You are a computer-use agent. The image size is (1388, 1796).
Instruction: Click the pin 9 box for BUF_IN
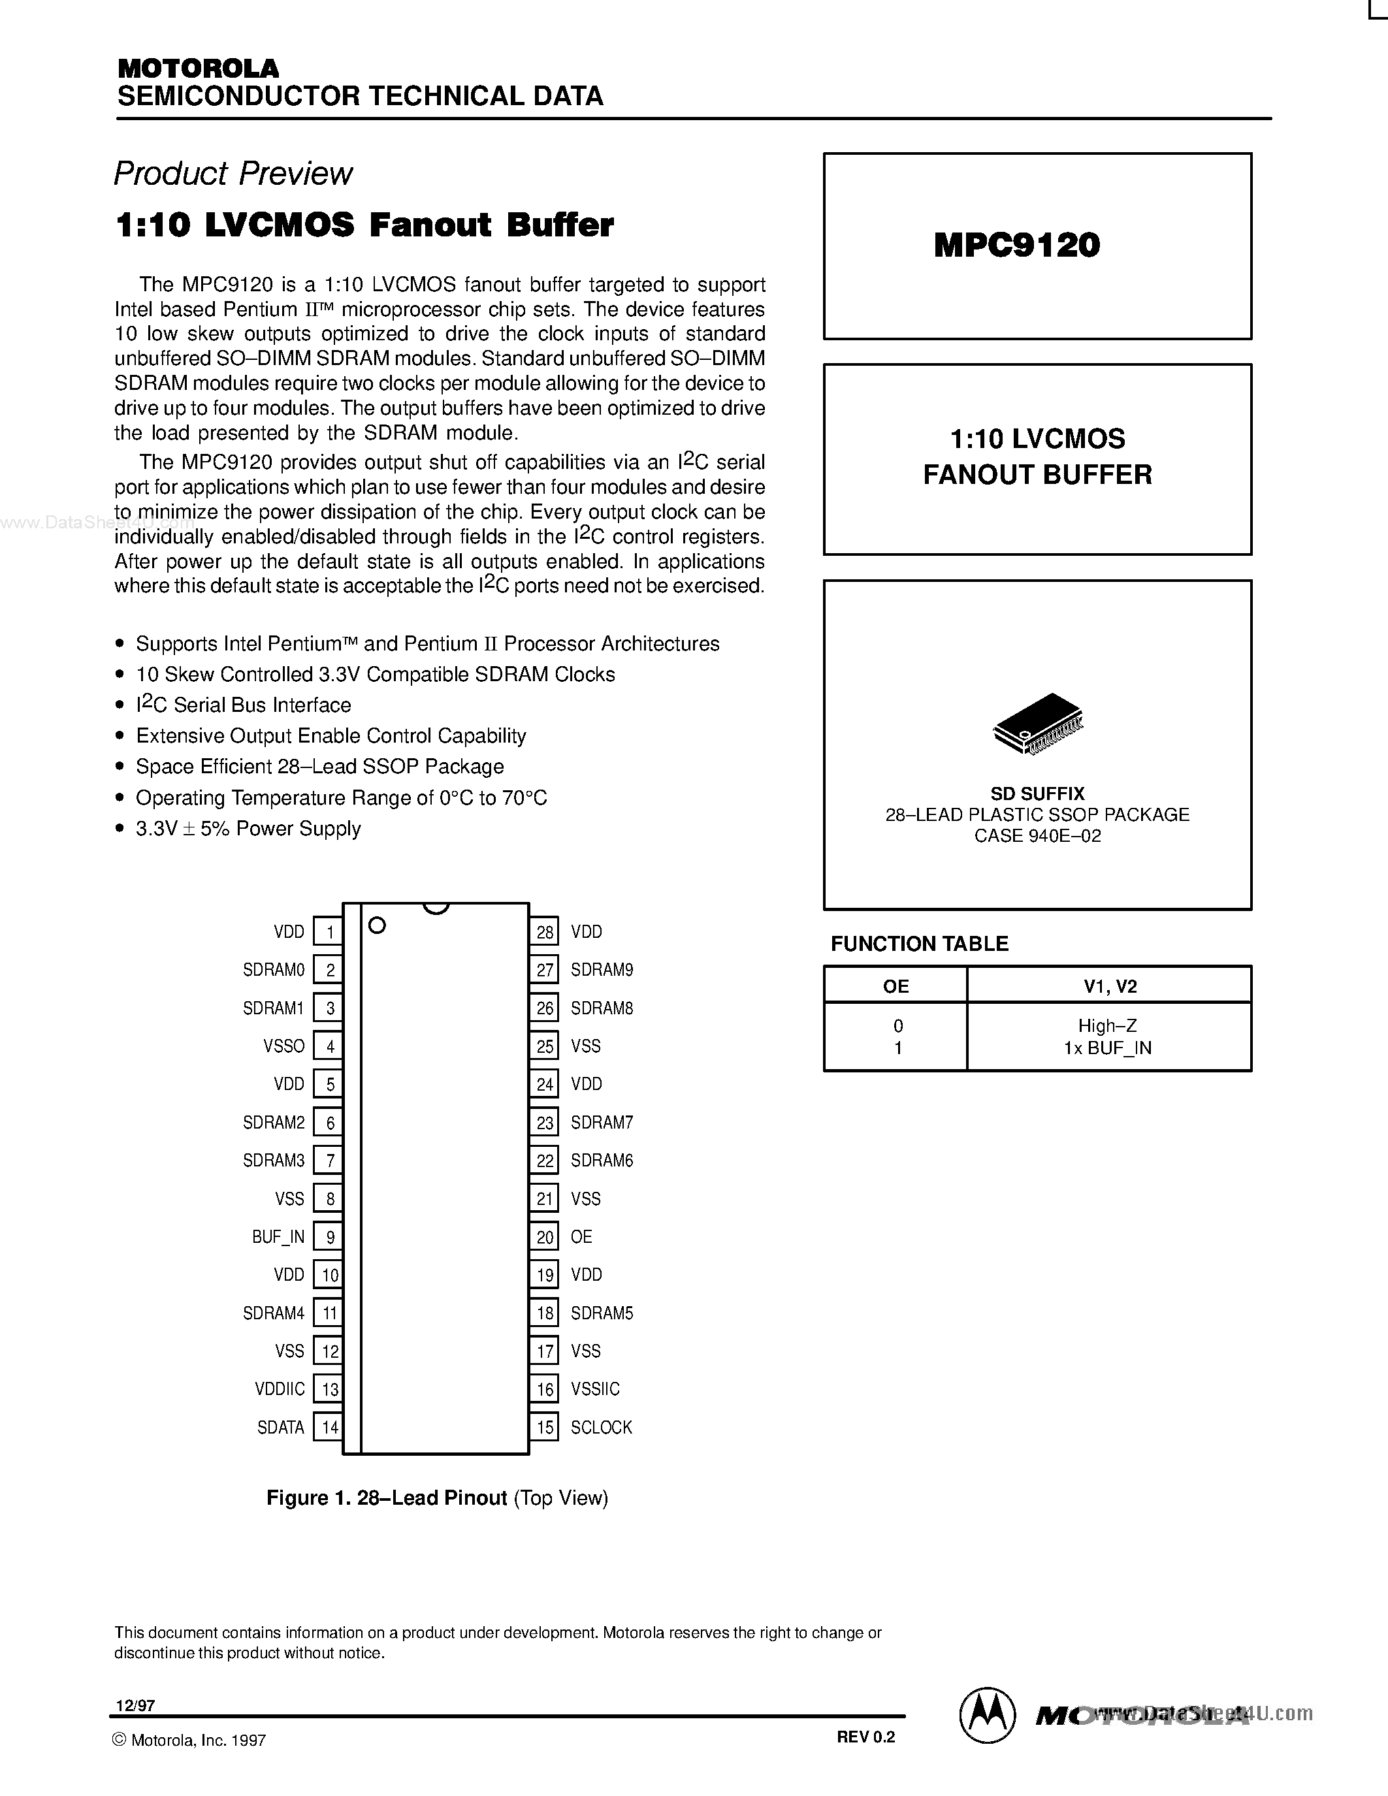coord(329,1237)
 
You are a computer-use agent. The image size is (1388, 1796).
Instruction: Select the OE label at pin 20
coord(581,1237)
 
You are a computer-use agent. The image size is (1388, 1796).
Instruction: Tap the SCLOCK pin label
coord(601,1428)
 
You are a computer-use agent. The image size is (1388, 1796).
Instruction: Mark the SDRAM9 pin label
coord(602,970)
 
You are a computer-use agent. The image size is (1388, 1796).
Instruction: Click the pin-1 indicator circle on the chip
coord(378,925)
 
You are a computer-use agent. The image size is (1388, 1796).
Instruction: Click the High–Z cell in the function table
coord(1108,1025)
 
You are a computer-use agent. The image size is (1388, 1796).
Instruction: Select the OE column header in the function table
coord(896,986)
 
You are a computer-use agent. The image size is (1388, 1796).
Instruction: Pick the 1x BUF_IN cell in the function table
coord(1108,1048)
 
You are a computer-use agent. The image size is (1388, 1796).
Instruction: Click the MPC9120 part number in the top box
coord(1016,245)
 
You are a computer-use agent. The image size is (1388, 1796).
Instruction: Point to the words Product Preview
coord(233,174)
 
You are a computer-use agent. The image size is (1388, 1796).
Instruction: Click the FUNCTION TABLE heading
coord(919,944)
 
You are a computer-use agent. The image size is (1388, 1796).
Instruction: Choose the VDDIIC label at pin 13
coord(280,1389)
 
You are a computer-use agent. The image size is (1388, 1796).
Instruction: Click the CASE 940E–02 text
coord(1038,837)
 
